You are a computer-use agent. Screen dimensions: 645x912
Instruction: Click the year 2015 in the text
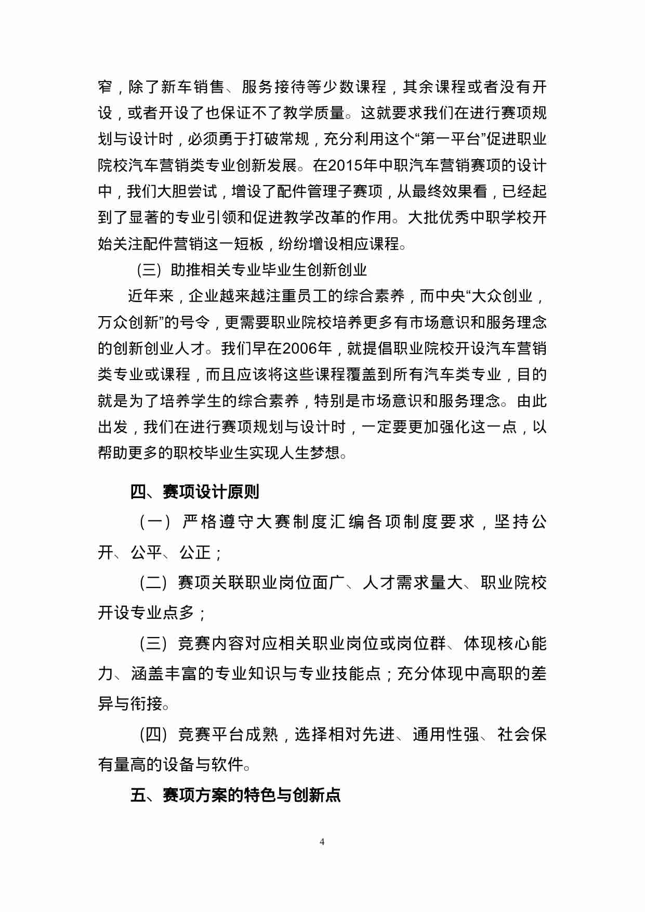click(x=346, y=166)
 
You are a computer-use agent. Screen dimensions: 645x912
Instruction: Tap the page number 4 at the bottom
click(x=322, y=841)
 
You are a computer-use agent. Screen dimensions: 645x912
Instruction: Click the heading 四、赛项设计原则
click(x=195, y=491)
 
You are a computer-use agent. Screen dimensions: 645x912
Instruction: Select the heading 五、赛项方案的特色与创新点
click(x=235, y=794)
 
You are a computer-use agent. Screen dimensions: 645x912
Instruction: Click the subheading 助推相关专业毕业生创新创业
click(x=269, y=270)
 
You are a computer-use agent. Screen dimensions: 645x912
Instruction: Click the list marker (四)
click(x=154, y=734)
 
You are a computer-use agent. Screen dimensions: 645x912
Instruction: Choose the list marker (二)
click(x=154, y=582)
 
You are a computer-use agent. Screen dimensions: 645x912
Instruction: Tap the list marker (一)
click(x=155, y=522)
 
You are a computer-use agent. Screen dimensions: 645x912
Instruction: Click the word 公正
click(x=195, y=552)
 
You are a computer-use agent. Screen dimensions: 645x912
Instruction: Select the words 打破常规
click(x=279, y=139)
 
